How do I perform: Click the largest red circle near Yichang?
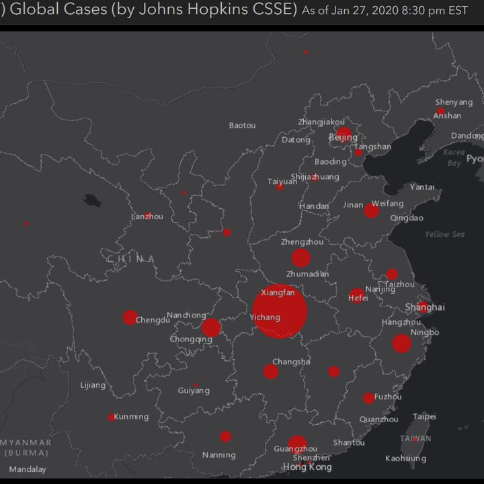(280, 312)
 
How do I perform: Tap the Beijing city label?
(343, 138)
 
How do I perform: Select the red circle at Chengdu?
(130, 317)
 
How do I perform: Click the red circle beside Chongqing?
(211, 327)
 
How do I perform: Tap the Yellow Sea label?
(444, 235)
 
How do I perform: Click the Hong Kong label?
(307, 467)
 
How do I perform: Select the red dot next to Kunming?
(112, 417)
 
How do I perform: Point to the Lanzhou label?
(147, 216)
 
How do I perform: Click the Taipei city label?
(424, 417)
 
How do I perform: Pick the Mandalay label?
(28, 469)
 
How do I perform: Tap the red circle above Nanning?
(225, 437)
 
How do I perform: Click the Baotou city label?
(242, 125)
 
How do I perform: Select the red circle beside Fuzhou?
(368, 398)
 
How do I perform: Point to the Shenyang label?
(454, 102)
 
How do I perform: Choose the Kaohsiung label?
(405, 458)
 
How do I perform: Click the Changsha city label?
(291, 362)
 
